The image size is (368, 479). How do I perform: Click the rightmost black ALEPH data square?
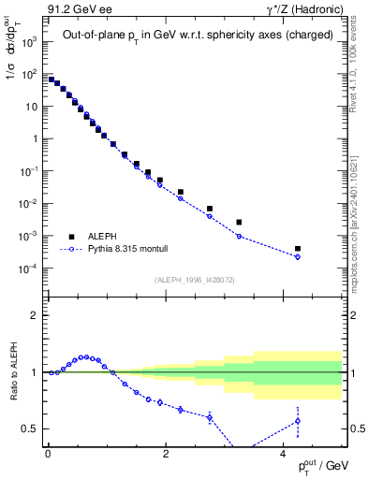click(298, 249)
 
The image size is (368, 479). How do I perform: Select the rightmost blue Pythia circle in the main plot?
click(298, 256)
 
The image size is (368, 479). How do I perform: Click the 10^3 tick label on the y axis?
click(28, 42)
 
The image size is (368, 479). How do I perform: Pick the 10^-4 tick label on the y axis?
click(28, 269)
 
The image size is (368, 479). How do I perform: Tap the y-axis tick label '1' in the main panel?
click(34, 139)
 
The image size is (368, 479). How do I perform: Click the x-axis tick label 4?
click(284, 453)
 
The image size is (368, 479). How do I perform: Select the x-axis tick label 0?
click(48, 453)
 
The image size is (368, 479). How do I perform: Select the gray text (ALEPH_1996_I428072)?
click(193, 279)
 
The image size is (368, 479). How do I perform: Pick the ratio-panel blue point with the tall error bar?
click(298, 421)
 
